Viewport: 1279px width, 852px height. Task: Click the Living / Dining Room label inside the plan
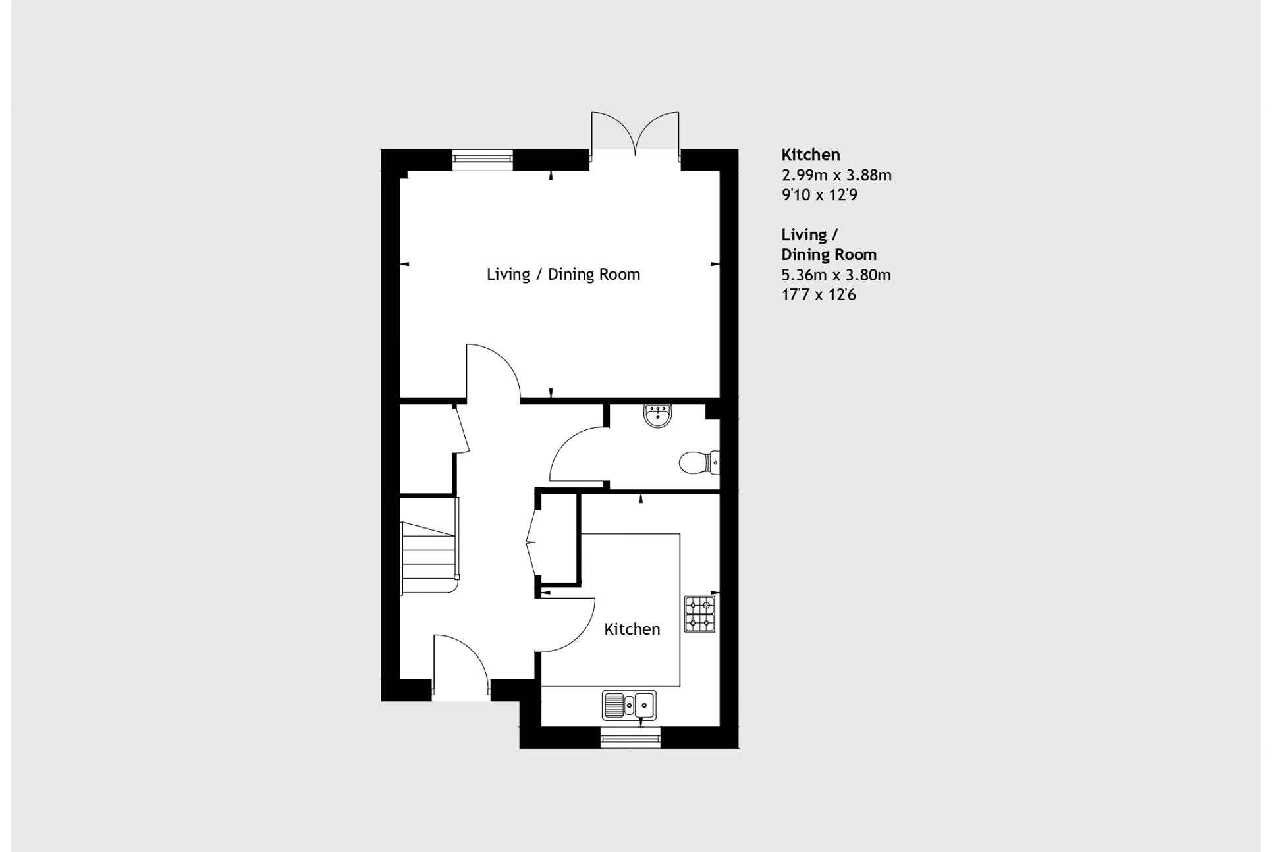click(x=563, y=274)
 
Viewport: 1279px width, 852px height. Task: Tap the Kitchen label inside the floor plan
click(x=632, y=629)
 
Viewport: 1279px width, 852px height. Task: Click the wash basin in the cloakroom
click(x=657, y=415)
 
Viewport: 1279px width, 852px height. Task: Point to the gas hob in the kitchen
click(x=699, y=614)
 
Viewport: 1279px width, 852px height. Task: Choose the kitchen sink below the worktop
click(x=629, y=705)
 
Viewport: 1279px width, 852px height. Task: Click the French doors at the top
click(x=635, y=135)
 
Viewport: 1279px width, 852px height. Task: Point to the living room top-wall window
click(x=483, y=160)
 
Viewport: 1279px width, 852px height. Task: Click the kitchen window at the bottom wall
click(x=630, y=737)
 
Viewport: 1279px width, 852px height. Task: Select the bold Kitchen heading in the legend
click(x=811, y=155)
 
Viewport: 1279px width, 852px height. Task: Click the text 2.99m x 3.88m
click(x=836, y=175)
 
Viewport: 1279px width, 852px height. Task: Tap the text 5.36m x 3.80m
click(x=836, y=275)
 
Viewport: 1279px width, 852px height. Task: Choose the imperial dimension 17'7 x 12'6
click(x=819, y=295)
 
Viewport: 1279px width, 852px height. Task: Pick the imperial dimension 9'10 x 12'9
click(x=819, y=195)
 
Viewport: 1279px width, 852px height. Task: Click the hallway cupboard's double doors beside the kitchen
click(x=532, y=542)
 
